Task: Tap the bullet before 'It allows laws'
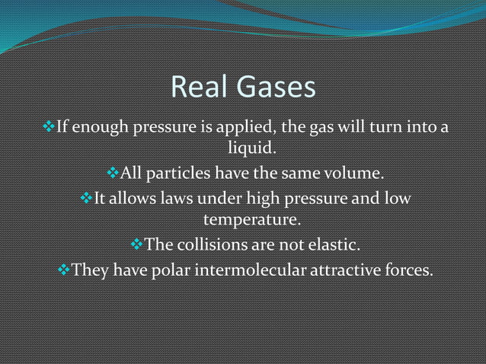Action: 85,200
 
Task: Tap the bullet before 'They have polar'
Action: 63,270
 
